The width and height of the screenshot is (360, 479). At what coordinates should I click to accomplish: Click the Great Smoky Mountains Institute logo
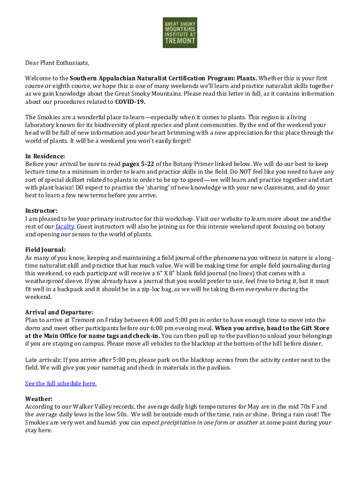(x=180, y=33)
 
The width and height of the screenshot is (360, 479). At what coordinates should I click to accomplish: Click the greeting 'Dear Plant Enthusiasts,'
(x=57, y=63)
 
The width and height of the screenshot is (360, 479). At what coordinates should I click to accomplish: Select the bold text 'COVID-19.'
(x=130, y=102)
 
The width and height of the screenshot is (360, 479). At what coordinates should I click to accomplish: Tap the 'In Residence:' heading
(x=45, y=156)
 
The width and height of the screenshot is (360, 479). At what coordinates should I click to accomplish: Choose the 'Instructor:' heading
(x=41, y=211)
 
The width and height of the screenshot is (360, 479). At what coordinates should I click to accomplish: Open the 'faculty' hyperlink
(x=65, y=227)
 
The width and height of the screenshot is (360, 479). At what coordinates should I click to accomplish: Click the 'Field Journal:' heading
(x=45, y=250)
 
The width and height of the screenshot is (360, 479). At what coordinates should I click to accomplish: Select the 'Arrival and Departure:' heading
(x=59, y=312)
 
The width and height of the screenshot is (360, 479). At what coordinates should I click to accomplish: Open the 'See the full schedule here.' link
(x=61, y=384)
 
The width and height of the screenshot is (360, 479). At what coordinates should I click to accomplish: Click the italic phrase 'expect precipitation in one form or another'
(x=200, y=423)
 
